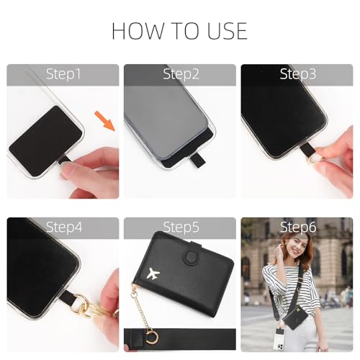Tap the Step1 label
click(x=63, y=74)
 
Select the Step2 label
click(x=179, y=74)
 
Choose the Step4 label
click(x=63, y=228)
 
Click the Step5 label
click(x=179, y=228)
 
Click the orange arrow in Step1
click(x=106, y=120)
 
